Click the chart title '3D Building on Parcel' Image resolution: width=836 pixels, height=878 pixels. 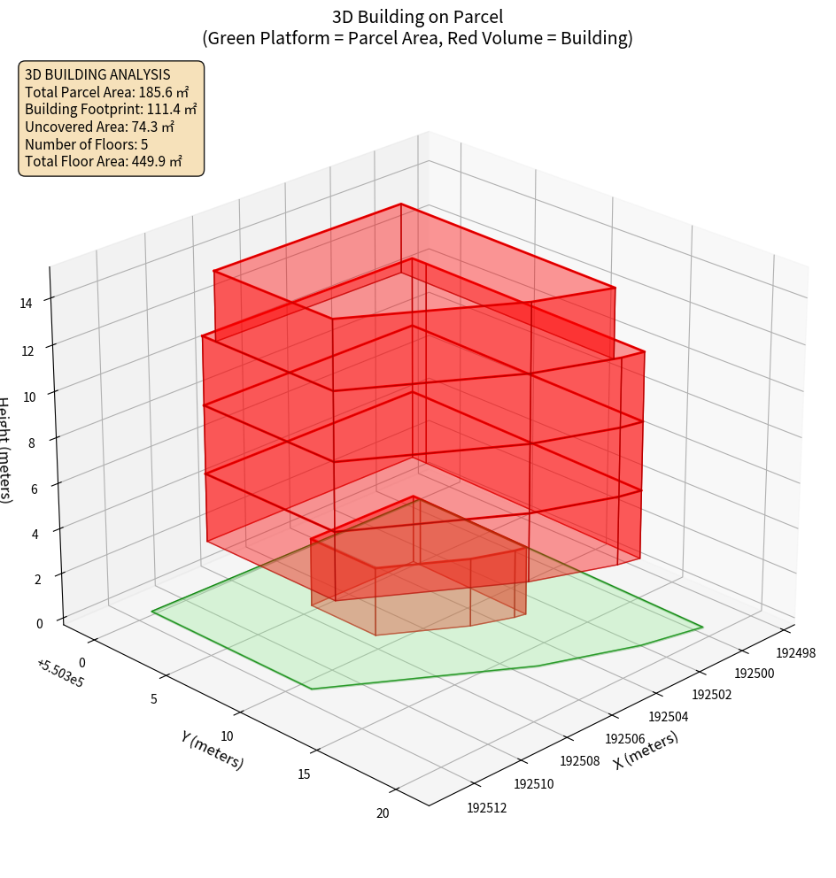click(x=417, y=16)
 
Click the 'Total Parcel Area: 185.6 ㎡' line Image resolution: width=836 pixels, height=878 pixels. click(x=107, y=92)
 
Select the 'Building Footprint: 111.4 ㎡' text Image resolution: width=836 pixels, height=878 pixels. click(x=111, y=109)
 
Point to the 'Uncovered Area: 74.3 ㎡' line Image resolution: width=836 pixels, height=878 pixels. click(x=104, y=127)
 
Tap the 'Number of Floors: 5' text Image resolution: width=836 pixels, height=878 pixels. click(x=86, y=144)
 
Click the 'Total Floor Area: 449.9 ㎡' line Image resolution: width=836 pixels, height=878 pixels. click(x=104, y=161)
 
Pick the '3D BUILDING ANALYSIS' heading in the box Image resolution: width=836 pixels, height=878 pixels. click(x=97, y=74)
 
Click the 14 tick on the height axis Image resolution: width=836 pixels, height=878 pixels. click(x=27, y=303)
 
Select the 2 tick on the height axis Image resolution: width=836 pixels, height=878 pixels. click(x=37, y=580)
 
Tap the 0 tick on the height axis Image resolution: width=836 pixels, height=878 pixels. click(x=40, y=623)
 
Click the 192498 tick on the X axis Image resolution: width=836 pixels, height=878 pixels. click(x=795, y=653)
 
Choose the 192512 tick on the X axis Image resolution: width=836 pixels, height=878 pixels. click(x=486, y=806)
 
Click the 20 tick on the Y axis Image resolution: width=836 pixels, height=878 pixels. click(x=383, y=813)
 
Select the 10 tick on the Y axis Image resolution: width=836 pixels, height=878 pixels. click(x=227, y=736)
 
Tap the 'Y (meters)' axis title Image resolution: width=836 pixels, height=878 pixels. click(x=213, y=750)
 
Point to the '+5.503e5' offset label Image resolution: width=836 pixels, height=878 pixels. click(x=60, y=674)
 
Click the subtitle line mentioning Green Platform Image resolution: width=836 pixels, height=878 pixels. click(x=417, y=38)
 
